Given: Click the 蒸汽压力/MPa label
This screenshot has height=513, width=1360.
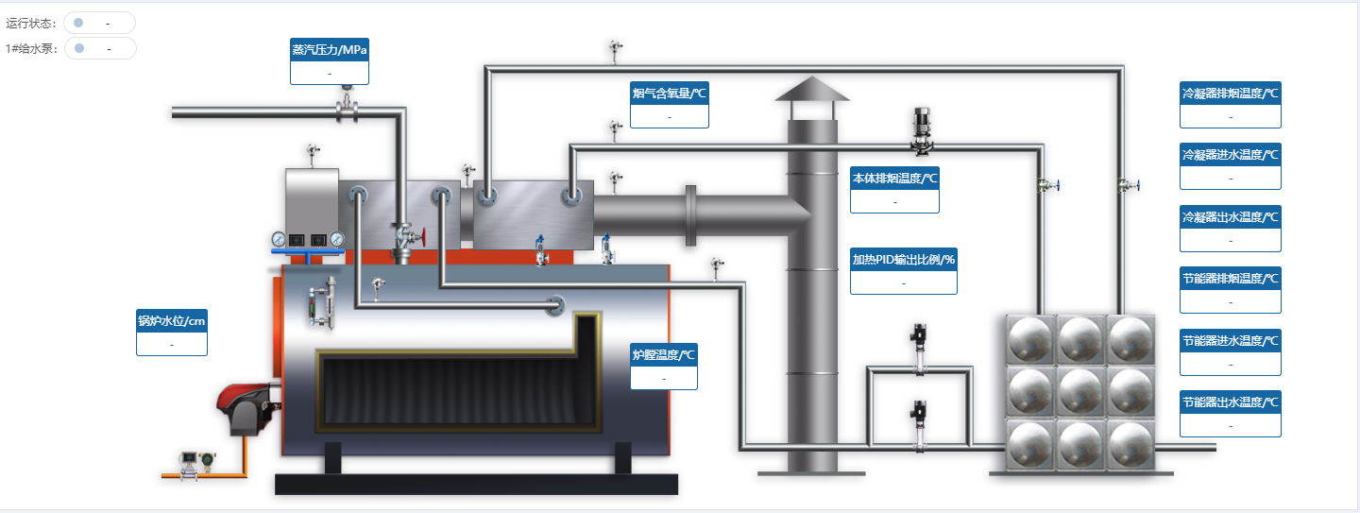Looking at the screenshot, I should coord(330,49).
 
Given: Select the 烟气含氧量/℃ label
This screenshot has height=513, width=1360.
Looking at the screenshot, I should coord(670,93).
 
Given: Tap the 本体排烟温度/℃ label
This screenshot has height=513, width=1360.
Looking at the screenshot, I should coord(894,178).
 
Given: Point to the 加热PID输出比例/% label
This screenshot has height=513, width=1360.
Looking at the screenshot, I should coord(904,260).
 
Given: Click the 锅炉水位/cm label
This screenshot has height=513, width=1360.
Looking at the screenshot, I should coord(172,321).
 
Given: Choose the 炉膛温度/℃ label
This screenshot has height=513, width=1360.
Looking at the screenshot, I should coord(663,355).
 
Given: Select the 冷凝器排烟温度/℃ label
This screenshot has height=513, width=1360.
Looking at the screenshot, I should coord(1231,94).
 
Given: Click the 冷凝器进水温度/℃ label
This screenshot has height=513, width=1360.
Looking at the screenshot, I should coord(1231,154).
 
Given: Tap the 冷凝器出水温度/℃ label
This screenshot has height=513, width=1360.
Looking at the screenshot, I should coord(1231,216).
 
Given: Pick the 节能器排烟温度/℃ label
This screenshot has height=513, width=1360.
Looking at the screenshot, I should coord(1231,279).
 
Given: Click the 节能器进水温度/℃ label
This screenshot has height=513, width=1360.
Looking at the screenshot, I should coord(1231,340).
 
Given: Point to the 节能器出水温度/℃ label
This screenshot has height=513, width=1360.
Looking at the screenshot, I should coord(1231,402).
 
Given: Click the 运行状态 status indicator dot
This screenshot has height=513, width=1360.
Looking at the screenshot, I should coord(78,23).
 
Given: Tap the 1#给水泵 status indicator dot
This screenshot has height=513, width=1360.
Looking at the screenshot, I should coord(79,48).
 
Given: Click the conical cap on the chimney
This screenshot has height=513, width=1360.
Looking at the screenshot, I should coord(811,89).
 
